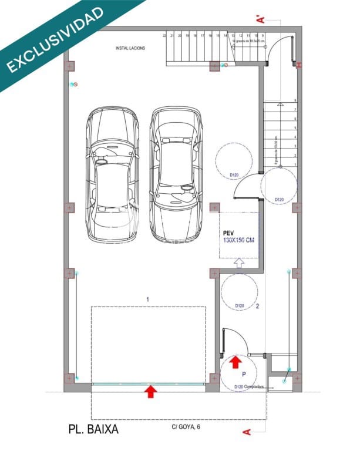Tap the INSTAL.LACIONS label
point(130,48)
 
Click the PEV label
point(229,233)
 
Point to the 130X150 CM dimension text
point(238,241)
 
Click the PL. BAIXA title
point(93,429)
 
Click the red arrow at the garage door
point(151,391)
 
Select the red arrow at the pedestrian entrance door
point(235,361)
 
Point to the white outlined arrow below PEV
point(239,264)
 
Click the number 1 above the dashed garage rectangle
point(148,299)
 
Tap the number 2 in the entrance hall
point(257,306)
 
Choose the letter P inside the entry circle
point(244,373)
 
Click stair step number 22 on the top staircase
point(173,36)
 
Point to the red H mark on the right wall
point(299,64)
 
